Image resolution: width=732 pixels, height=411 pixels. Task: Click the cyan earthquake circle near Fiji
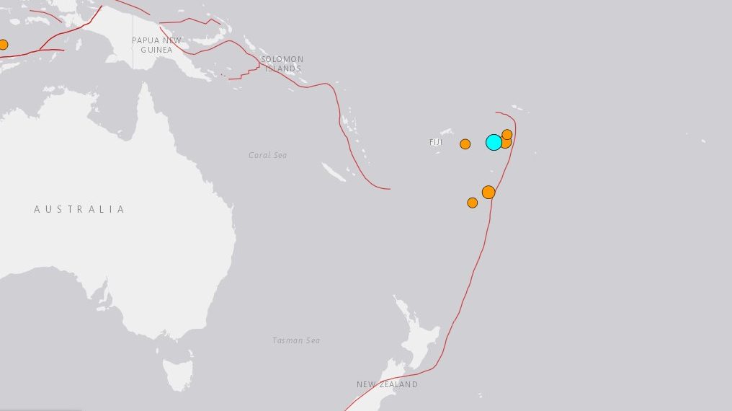click(x=494, y=142)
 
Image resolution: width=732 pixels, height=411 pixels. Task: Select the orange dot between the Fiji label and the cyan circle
click(x=465, y=143)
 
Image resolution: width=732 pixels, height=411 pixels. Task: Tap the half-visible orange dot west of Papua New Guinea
click(x=2, y=45)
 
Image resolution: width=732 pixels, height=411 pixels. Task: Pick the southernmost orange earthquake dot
click(x=473, y=203)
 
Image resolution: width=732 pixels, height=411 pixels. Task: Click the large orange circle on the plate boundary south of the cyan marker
click(x=488, y=192)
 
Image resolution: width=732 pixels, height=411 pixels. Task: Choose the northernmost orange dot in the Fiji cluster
click(x=507, y=134)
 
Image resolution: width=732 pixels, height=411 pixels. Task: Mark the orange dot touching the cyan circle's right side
click(x=506, y=143)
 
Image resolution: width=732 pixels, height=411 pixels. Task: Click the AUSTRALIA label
click(x=79, y=209)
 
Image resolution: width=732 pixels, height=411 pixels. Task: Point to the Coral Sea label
click(x=267, y=155)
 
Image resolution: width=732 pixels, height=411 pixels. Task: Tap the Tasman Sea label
click(x=296, y=340)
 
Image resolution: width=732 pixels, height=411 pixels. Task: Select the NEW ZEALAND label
click(x=387, y=384)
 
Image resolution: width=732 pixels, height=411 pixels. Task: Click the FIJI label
click(x=436, y=143)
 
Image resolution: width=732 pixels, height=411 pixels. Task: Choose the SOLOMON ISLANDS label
click(x=282, y=63)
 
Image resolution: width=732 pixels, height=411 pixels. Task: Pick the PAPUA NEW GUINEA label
click(x=156, y=45)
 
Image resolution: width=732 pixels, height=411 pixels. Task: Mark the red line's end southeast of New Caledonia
click(x=390, y=189)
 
